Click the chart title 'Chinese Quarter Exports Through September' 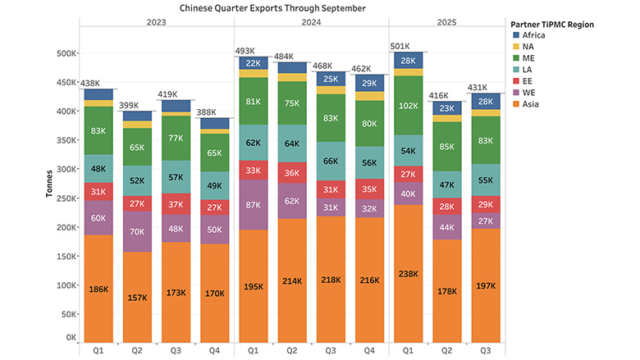point(262,8)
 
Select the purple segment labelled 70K point(137,232)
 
